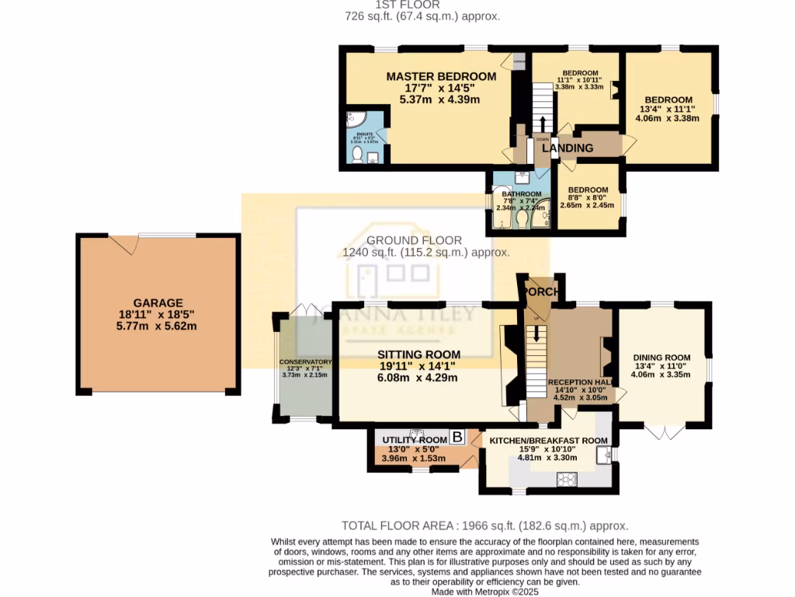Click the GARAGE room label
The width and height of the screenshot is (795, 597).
tap(157, 303)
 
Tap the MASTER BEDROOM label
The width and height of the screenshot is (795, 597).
tap(441, 76)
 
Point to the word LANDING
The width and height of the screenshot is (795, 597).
tap(568, 148)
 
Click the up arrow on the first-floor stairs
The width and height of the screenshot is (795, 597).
tap(542, 124)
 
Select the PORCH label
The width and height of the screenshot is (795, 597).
tap(542, 292)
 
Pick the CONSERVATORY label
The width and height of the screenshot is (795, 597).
tap(306, 362)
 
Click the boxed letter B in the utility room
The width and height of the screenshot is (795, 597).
tap(457, 438)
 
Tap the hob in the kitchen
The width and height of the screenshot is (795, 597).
tap(564, 478)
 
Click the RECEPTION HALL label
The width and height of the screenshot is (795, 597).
tap(581, 382)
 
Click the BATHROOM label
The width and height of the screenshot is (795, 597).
tap(521, 194)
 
